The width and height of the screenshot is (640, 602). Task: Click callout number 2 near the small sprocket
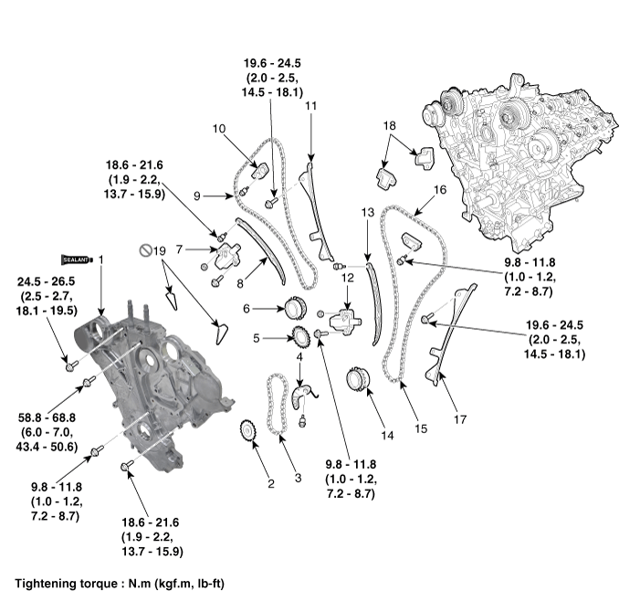[x=270, y=483]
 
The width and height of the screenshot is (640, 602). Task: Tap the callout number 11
[x=310, y=107]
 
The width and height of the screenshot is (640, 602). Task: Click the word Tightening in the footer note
[x=46, y=582]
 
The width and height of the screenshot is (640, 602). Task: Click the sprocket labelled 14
[x=358, y=382]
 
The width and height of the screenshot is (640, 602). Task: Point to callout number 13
[x=367, y=212]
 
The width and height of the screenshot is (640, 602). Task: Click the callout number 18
[x=389, y=125]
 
